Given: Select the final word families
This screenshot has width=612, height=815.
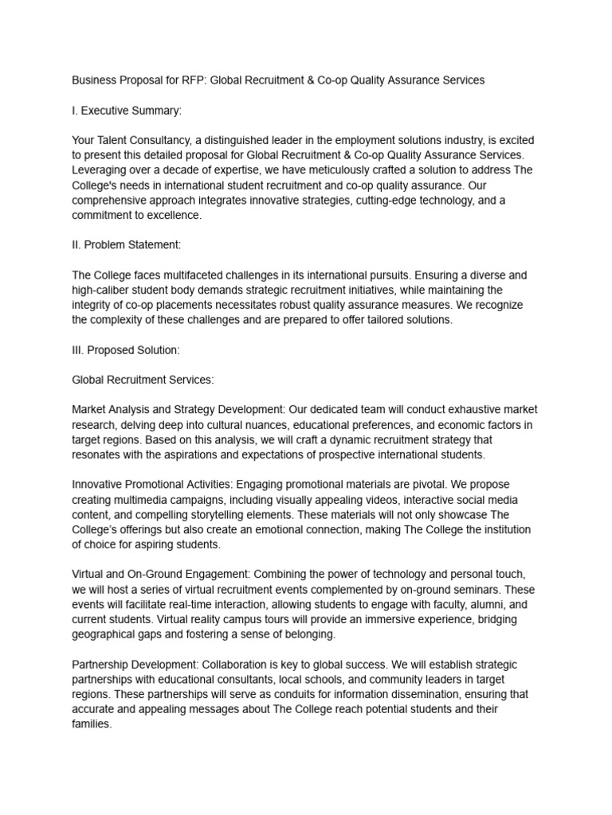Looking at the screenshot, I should pyautogui.click(x=92, y=724).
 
